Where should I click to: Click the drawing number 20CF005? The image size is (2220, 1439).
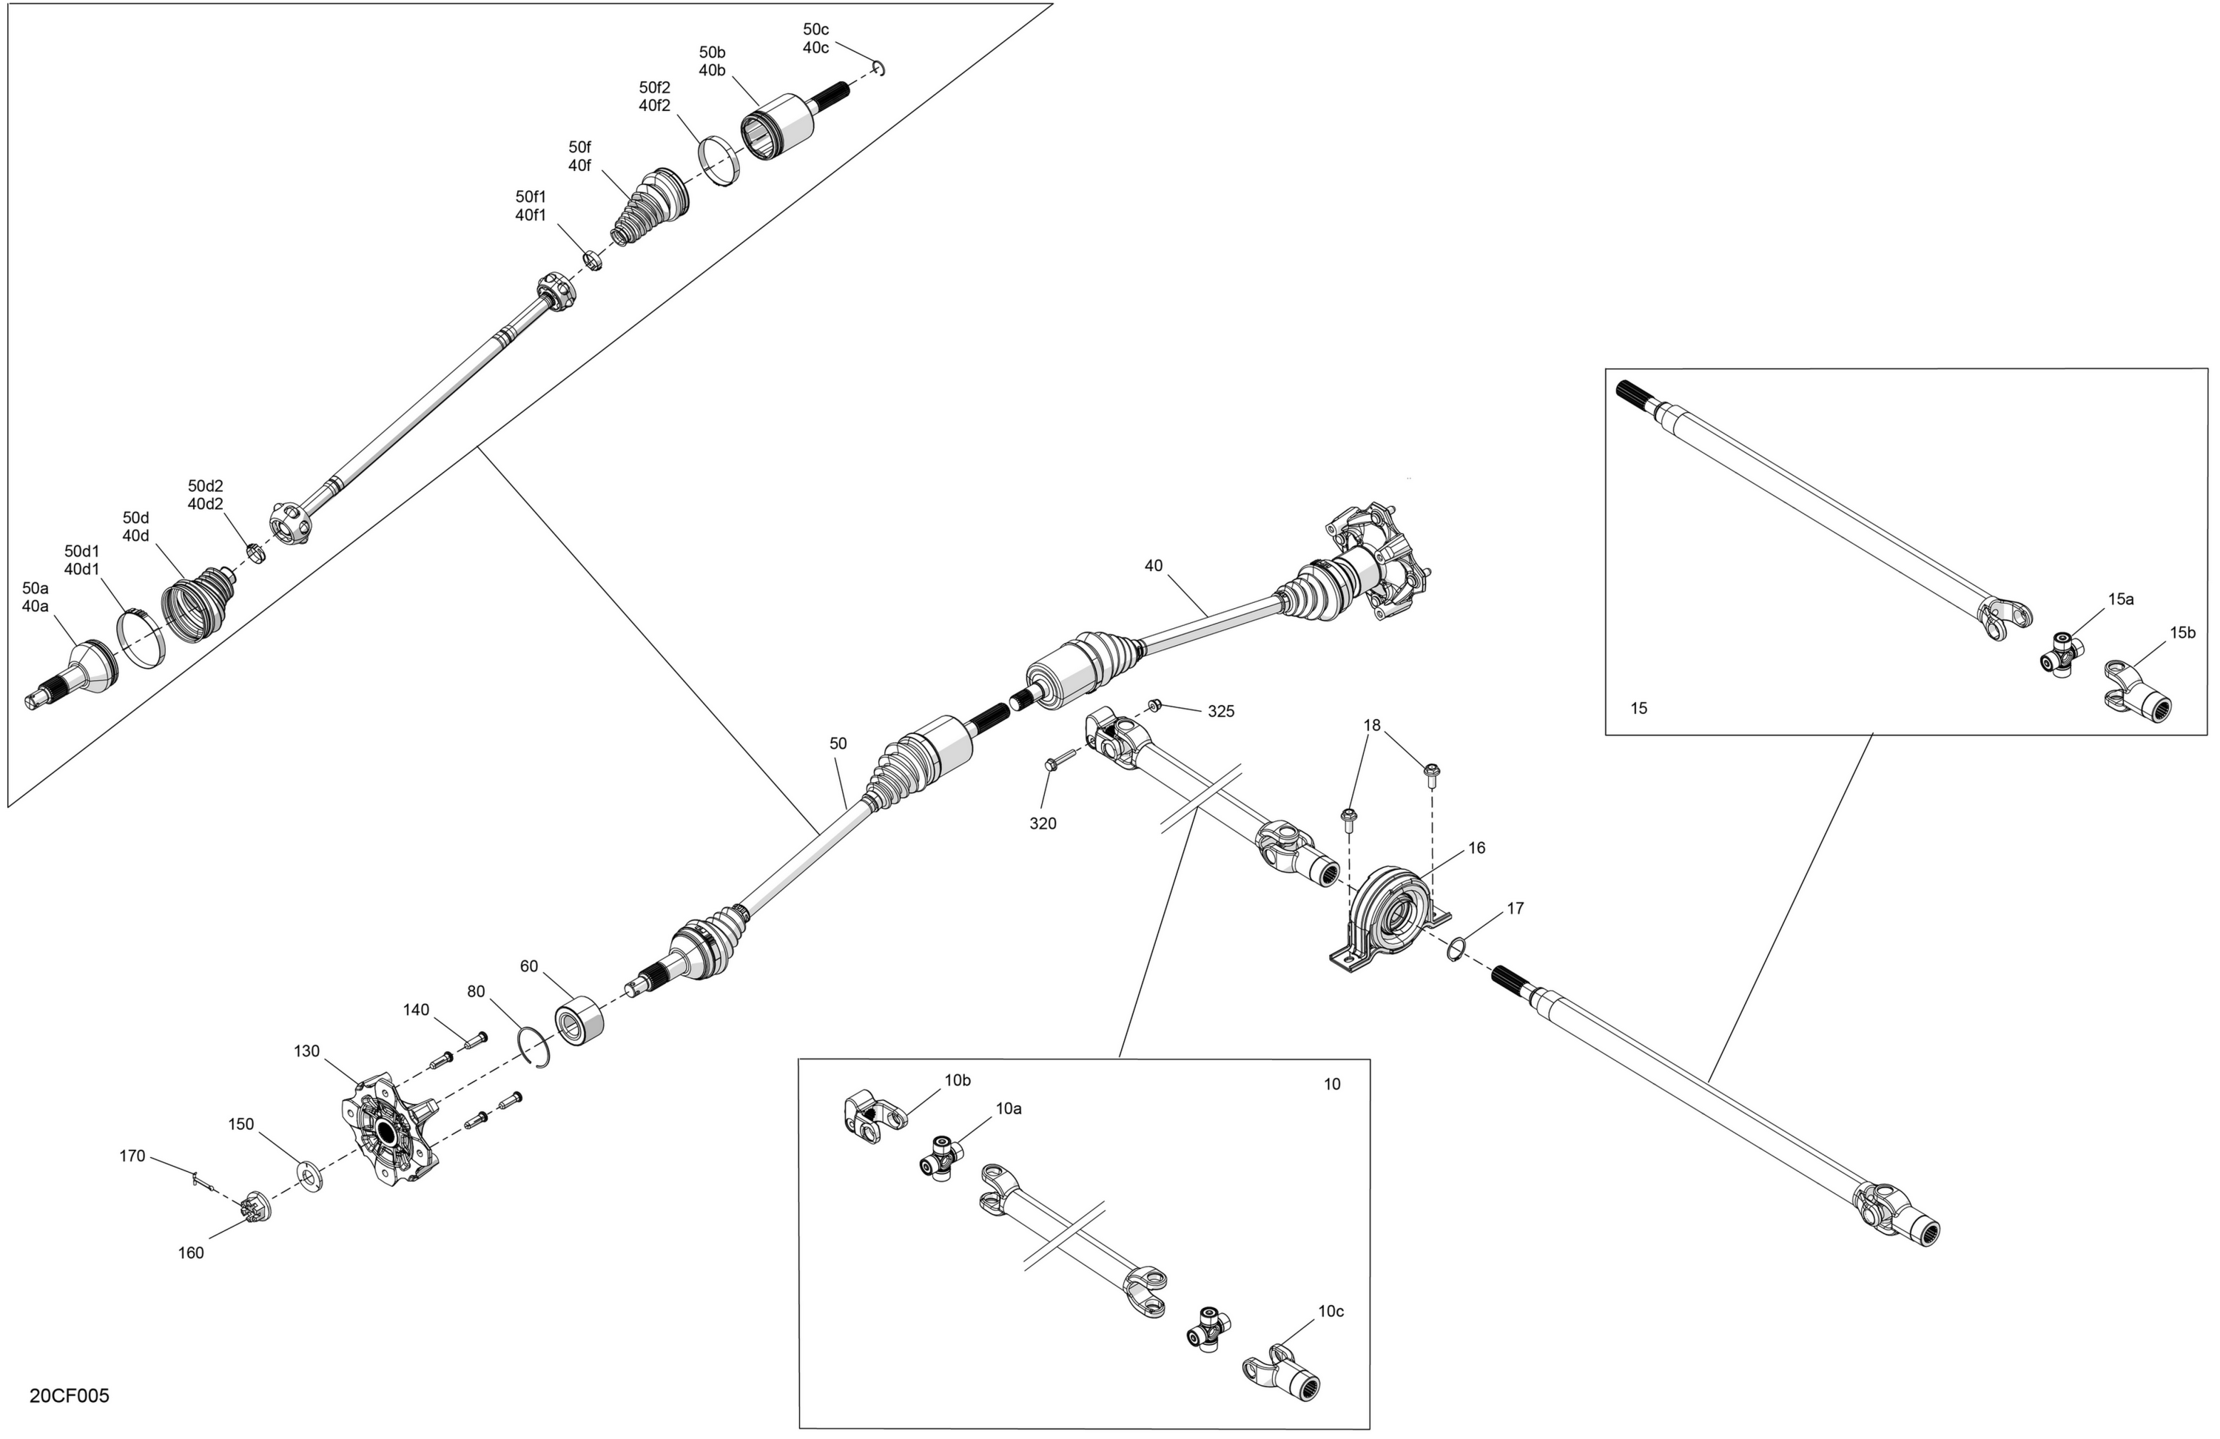tap(69, 1396)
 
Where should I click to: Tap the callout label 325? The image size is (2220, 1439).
tap(1221, 712)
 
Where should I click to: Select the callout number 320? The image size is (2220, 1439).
tap(1043, 823)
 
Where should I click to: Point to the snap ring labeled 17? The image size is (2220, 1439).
tap(1455, 950)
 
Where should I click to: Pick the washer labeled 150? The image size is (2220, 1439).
tap(309, 1176)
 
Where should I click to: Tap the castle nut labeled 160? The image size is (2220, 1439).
tap(253, 1207)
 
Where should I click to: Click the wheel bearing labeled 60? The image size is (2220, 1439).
tap(579, 1019)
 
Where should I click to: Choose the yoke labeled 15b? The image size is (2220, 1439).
tap(2138, 691)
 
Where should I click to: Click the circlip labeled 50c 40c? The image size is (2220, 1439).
tap(878, 68)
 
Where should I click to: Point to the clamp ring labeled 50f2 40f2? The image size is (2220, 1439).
tap(720, 161)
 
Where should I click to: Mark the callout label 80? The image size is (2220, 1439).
tap(476, 991)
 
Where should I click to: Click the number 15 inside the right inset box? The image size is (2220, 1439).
tap(1639, 708)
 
